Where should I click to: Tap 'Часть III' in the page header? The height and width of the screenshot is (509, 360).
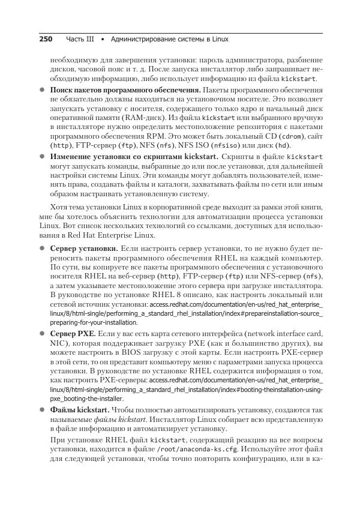click(80, 40)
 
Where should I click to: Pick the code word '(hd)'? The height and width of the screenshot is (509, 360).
click(289, 146)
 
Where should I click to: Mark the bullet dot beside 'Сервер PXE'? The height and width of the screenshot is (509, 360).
click(43, 333)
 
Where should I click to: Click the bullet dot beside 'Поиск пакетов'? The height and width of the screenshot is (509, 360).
click(43, 89)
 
